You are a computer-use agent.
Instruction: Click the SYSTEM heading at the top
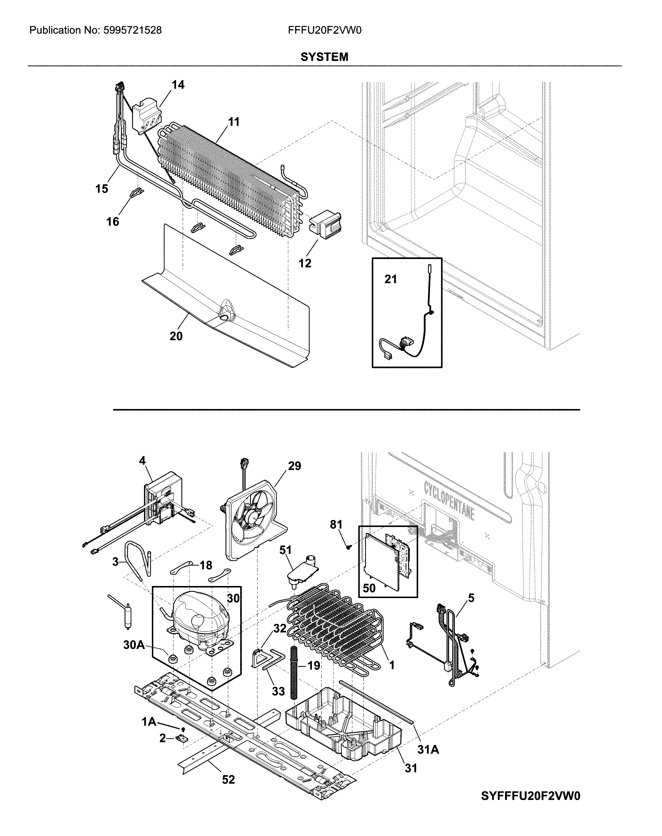pos(325,57)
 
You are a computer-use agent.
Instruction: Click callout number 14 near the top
pos(178,85)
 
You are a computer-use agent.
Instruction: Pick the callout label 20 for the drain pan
pos(176,336)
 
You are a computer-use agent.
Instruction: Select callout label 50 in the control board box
pos(369,589)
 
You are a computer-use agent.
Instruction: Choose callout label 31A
pos(428,750)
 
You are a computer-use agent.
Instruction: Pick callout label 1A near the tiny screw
pos(149,721)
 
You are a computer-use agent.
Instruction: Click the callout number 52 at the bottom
pos(228,790)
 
